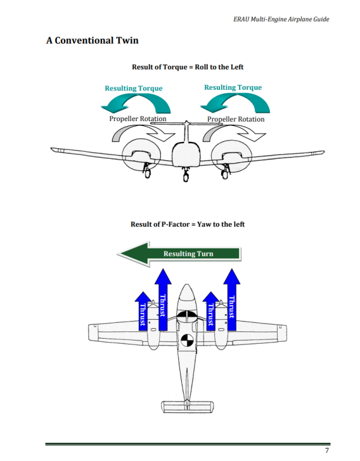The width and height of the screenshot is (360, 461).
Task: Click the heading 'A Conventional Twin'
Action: pyautogui.click(x=92, y=41)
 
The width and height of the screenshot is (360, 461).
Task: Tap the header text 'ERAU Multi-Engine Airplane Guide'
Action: pyautogui.click(x=281, y=20)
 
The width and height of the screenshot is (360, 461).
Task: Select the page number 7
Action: pyautogui.click(x=327, y=451)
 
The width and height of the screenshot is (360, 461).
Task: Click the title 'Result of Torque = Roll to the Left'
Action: pyautogui.click(x=187, y=67)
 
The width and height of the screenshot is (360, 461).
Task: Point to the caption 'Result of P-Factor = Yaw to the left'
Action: pyautogui.click(x=187, y=224)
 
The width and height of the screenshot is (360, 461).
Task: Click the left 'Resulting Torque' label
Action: pyautogui.click(x=134, y=88)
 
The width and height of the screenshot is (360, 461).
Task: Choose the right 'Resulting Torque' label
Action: pyautogui.click(x=233, y=87)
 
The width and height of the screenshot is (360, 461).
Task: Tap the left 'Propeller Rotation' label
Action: pyautogui.click(x=138, y=119)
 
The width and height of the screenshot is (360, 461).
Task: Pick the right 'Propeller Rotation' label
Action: pyautogui.click(x=236, y=119)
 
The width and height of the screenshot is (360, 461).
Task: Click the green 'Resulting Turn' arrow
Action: pyautogui.click(x=179, y=254)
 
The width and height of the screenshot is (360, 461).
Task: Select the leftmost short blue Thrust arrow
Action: pyautogui.click(x=143, y=311)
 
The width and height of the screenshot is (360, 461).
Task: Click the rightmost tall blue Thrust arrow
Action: pyautogui.click(x=232, y=300)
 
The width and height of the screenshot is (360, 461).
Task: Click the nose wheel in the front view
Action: pyautogui.click(x=186, y=177)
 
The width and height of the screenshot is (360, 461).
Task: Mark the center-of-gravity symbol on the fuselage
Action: pyautogui.click(x=187, y=341)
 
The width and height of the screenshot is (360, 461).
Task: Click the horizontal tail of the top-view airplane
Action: pyautogui.click(x=187, y=407)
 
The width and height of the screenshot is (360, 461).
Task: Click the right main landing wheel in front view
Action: pyautogui.click(x=225, y=174)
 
